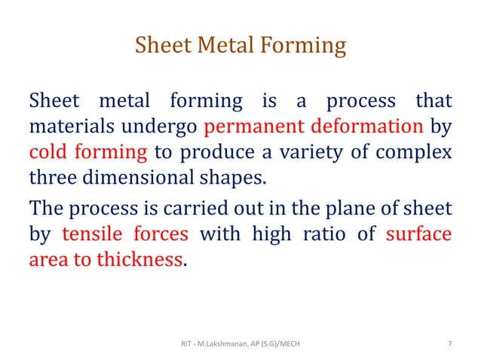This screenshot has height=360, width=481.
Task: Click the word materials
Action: pyautogui.click(x=64, y=126)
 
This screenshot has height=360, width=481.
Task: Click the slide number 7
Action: pyautogui.click(x=450, y=344)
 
